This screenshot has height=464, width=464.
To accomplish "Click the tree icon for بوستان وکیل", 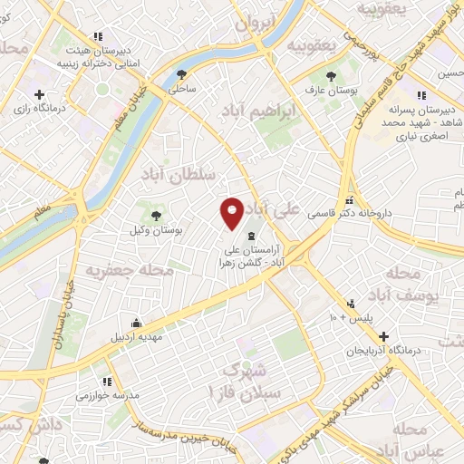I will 157,216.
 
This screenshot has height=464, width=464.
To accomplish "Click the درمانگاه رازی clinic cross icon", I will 39,94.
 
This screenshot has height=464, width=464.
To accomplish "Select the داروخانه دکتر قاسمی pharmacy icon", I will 350,201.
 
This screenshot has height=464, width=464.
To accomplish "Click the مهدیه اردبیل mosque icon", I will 136,324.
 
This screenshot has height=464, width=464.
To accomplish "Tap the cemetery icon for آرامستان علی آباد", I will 251,236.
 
